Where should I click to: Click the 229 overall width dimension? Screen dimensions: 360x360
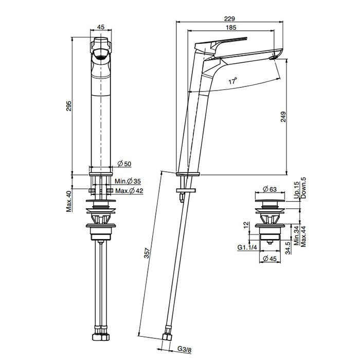[229, 19]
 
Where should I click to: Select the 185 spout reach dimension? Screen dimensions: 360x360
[231, 27]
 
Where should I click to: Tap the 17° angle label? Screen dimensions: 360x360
[232, 81]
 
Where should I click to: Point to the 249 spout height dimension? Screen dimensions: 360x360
[283, 117]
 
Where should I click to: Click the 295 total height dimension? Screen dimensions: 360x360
[69, 106]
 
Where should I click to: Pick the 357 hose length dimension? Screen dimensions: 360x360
[147, 253]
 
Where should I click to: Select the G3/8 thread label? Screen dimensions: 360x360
[184, 350]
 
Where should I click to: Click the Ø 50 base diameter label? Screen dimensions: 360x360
[124, 164]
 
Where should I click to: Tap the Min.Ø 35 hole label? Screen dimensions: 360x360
[128, 181]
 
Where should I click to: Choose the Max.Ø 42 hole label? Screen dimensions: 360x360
[129, 191]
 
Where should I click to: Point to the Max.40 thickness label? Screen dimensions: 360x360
[69, 202]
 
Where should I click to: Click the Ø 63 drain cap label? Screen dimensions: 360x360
[270, 189]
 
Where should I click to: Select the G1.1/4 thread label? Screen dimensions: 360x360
[247, 247]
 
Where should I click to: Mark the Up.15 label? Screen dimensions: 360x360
[297, 190]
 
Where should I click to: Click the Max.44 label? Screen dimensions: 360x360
[303, 237]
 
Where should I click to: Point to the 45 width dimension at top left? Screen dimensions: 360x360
[101, 27]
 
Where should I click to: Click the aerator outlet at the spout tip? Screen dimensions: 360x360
[273, 58]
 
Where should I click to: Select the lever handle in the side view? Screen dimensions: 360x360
[221, 44]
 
